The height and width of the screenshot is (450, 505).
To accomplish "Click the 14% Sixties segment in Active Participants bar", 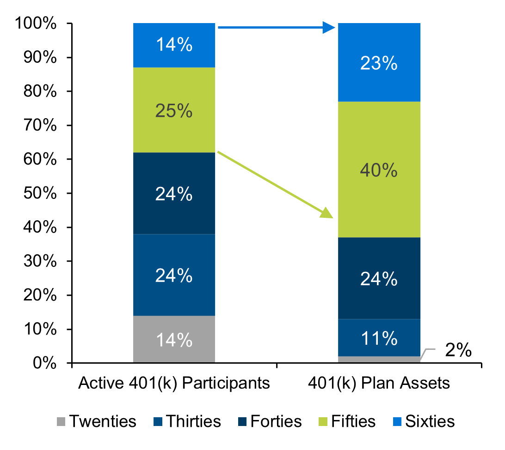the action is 174,45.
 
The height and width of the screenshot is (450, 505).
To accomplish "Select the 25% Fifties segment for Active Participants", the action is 174,110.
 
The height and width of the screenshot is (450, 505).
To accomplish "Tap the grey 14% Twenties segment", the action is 174,339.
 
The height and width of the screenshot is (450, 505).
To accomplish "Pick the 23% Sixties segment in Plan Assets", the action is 379,62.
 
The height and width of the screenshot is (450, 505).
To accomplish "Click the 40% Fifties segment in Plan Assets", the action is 379,169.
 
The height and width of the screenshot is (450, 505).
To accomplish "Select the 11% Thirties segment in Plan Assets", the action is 379,337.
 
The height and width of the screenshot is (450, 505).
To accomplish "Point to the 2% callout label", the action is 458,350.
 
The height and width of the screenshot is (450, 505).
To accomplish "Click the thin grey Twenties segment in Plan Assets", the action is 379,360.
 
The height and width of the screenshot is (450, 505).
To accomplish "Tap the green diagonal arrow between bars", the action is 275,185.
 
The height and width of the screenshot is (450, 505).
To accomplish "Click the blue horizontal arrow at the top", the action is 277,27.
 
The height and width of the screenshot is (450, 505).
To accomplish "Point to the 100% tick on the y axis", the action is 69,24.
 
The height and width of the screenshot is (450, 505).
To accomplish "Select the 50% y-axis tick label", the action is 40,193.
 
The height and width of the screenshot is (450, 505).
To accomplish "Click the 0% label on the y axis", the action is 44,363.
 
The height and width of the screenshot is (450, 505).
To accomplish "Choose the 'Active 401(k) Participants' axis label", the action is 174,383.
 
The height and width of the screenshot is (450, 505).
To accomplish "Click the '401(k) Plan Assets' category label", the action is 379,383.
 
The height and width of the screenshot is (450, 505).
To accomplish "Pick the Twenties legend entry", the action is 96,421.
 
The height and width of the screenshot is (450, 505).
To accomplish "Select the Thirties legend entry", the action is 187,421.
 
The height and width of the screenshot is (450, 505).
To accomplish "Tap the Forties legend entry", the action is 270,421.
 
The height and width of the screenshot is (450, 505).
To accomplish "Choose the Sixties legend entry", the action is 424,421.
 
